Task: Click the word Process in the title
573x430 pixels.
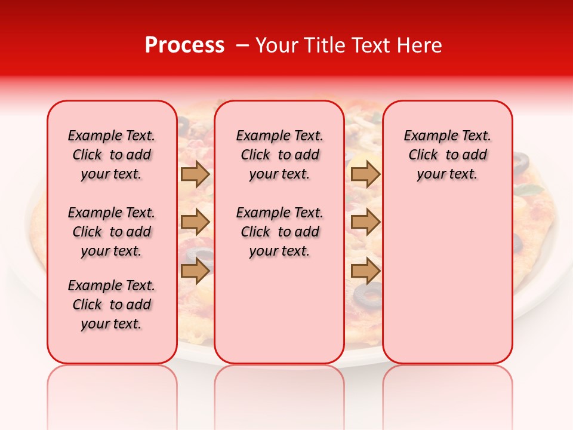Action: (184, 45)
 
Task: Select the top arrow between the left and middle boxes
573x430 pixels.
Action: (195, 174)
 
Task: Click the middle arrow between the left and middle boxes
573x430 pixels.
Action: (195, 222)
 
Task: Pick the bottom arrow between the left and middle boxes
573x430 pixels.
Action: (195, 271)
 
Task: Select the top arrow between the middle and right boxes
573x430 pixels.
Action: (365, 174)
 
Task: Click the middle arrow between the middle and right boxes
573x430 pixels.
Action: (365, 222)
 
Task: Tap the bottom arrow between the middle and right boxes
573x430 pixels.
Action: (365, 271)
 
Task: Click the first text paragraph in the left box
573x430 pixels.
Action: (112, 155)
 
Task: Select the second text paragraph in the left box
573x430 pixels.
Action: (112, 232)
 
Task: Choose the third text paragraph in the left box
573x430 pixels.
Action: (112, 305)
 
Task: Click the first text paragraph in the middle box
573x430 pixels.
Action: (279, 155)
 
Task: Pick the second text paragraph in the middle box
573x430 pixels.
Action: (279, 232)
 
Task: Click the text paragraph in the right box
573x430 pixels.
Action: (447, 155)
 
